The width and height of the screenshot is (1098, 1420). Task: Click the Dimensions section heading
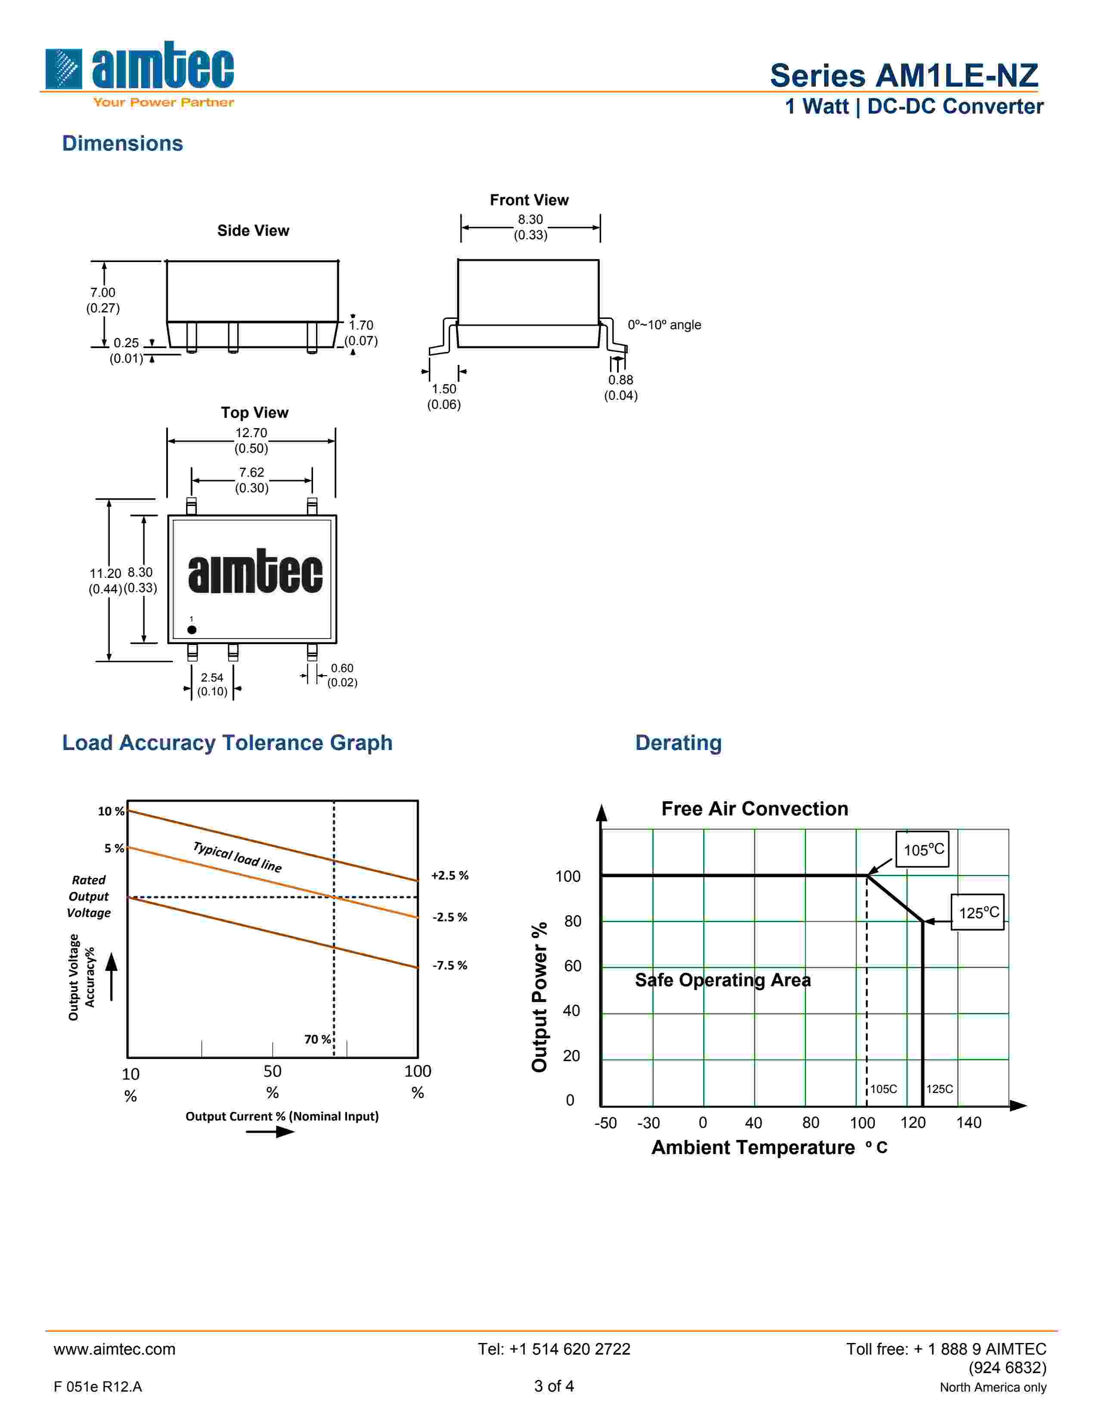(122, 144)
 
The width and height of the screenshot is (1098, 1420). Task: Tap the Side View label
(253, 231)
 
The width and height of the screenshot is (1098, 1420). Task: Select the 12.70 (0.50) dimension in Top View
(251, 441)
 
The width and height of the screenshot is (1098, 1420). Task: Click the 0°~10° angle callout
(664, 325)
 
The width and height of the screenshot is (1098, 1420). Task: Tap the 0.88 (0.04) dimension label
(620, 388)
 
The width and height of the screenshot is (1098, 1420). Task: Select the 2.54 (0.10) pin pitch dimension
(212, 685)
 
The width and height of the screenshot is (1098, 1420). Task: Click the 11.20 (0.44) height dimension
(105, 580)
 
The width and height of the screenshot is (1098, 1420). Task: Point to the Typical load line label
(237, 857)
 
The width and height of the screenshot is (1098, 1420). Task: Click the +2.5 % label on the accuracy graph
(450, 875)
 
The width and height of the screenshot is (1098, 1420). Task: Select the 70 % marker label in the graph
(317, 1039)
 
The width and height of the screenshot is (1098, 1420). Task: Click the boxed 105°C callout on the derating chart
(922, 849)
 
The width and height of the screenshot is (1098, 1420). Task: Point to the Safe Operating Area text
(723, 980)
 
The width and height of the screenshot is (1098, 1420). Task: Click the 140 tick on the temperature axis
(968, 1123)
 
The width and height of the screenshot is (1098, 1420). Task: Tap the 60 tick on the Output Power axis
(572, 966)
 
